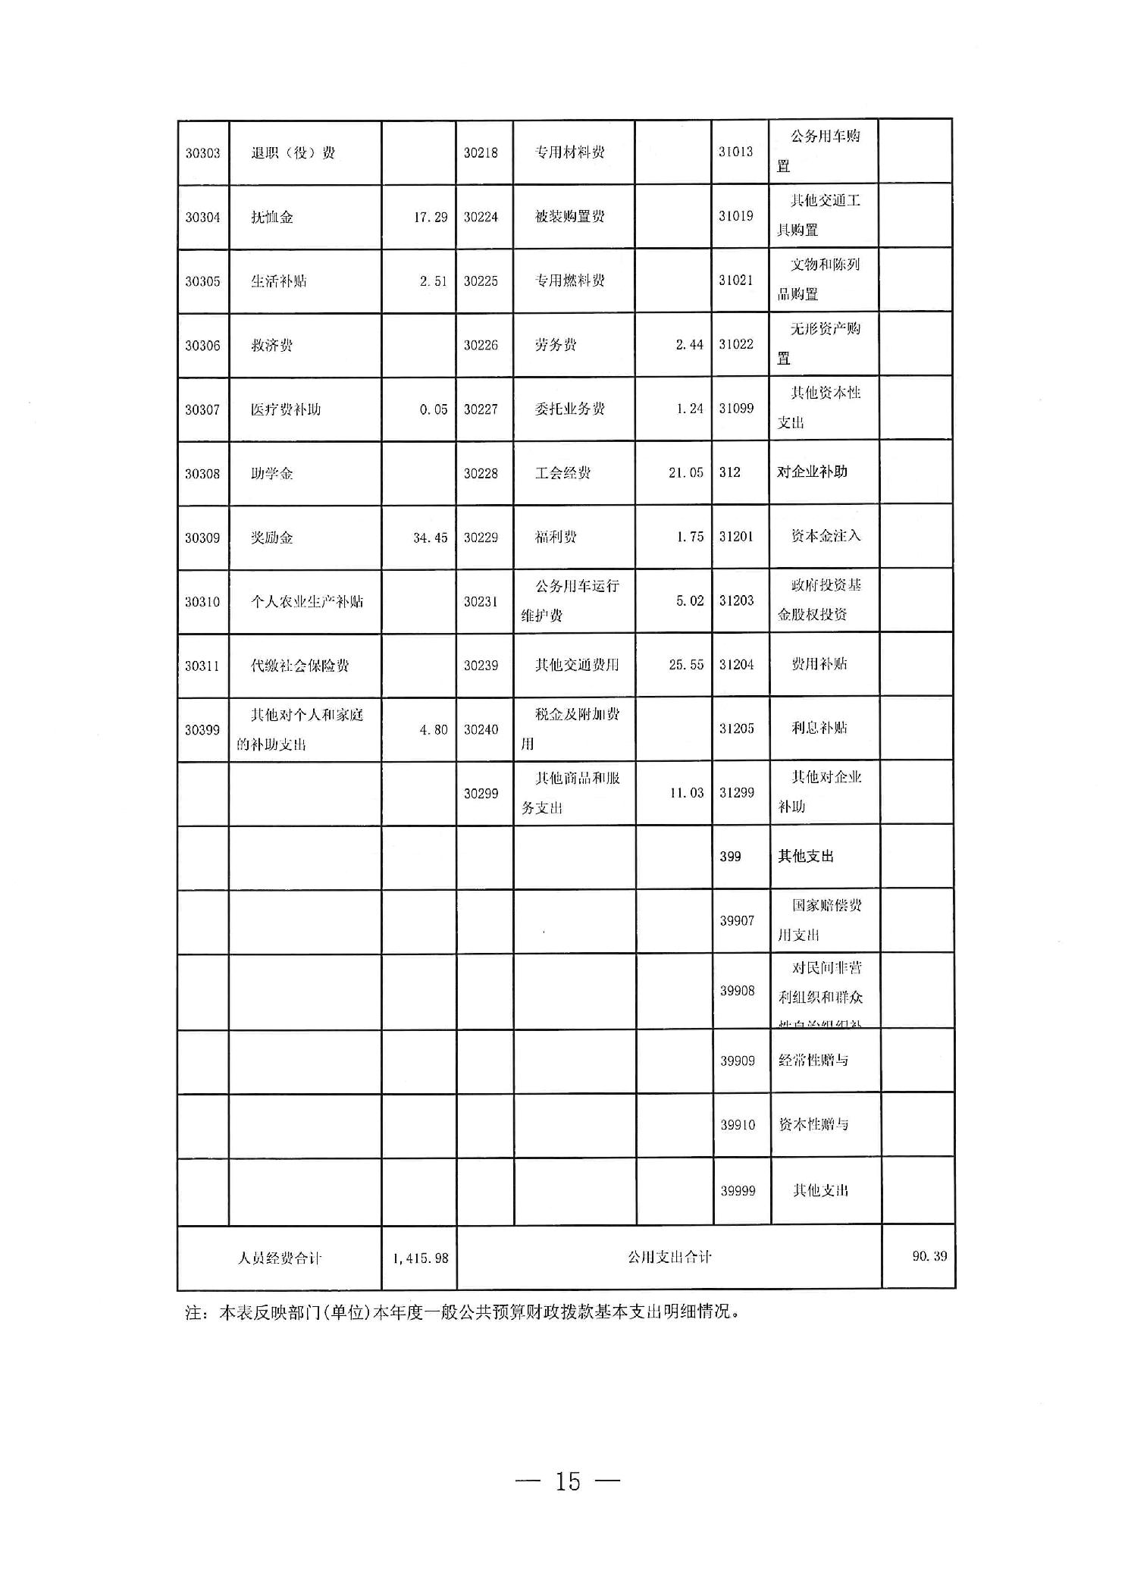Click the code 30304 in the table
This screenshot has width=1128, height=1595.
click(202, 218)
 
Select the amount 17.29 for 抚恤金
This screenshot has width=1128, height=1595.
click(430, 218)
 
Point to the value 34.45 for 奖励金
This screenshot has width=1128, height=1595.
click(430, 538)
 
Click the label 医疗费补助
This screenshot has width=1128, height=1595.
click(285, 409)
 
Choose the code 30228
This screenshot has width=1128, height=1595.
click(481, 474)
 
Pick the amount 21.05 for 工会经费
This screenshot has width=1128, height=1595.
click(685, 473)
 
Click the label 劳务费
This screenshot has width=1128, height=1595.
click(555, 345)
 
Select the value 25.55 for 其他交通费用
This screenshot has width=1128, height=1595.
click(685, 665)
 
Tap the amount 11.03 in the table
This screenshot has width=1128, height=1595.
click(685, 793)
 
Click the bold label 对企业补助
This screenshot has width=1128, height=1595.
click(812, 472)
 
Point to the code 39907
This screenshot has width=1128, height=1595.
click(737, 921)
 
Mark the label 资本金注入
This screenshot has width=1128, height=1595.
click(826, 536)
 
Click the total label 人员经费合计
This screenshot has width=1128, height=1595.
click(279, 1258)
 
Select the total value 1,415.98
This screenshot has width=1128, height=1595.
click(420, 1258)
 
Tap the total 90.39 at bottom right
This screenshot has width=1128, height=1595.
click(929, 1256)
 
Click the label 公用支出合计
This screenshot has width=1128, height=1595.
click(669, 1257)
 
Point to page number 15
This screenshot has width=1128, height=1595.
click(567, 1481)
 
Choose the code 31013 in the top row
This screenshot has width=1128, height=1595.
click(735, 152)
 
